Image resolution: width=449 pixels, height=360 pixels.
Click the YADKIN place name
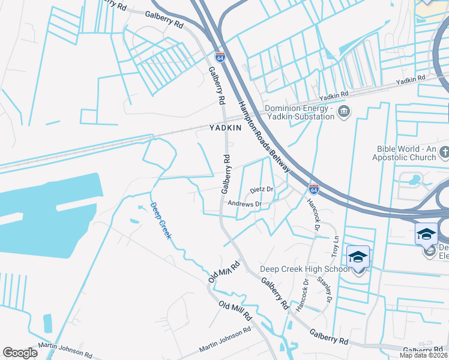tap(225, 128)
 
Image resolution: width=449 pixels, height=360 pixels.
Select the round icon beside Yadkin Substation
tap(345, 111)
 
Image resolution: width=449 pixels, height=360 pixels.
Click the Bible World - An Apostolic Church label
tap(406, 153)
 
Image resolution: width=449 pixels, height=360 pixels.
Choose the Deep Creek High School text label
tap(304, 269)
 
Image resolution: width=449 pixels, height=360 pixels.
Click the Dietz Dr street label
tap(262, 189)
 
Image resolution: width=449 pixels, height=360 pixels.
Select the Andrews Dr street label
tap(245, 204)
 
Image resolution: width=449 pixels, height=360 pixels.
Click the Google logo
tap(20, 353)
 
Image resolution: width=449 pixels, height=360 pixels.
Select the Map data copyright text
tap(424, 355)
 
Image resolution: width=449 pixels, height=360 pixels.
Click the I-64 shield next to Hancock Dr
tap(313, 188)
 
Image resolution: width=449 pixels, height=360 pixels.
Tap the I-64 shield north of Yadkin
tap(220, 58)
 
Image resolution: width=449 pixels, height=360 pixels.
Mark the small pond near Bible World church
tap(412, 179)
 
